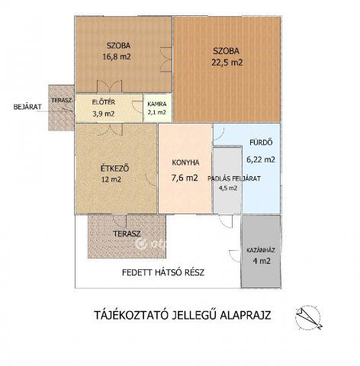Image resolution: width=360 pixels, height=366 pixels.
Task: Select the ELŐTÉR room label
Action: pos(103,101)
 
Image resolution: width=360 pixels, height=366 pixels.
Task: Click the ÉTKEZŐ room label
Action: pos(113,168)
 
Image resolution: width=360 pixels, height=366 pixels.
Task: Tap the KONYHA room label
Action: pos(185,162)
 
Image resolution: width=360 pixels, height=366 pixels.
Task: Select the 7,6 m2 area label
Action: pos(185,178)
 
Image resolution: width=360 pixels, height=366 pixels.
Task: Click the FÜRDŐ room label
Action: pos(260,143)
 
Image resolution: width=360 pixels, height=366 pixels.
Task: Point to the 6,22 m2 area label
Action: pos(260,160)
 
